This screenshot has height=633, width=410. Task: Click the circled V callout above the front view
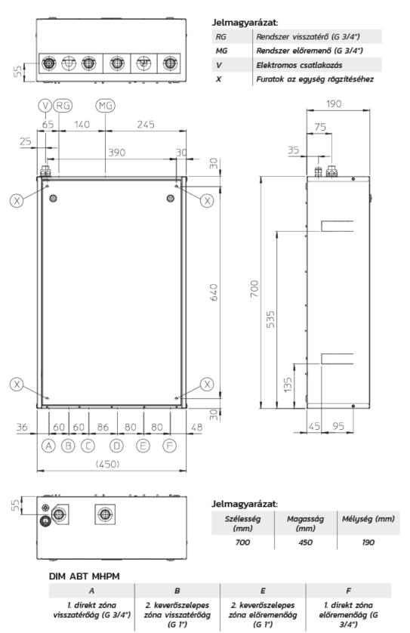[45, 106]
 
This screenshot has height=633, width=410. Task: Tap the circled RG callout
[63, 106]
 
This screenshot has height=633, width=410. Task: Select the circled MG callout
[105, 106]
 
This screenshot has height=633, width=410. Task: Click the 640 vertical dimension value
[214, 292]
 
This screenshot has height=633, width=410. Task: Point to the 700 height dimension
[254, 289]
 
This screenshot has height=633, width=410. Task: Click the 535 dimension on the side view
[270, 319]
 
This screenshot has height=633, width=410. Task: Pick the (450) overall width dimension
[108, 465]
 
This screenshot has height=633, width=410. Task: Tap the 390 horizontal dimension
[116, 153]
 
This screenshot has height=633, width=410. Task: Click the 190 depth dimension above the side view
[334, 103]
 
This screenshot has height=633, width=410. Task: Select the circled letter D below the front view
[116, 446]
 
